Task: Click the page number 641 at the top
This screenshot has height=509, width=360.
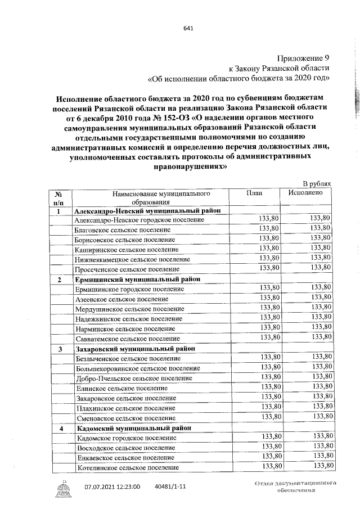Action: pos(188,30)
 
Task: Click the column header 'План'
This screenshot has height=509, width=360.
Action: pos(254,192)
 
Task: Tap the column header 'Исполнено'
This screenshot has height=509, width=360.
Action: pos(305,192)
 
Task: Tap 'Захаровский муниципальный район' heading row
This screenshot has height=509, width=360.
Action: pos(136,349)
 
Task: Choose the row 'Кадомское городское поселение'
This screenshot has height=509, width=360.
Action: pos(124,438)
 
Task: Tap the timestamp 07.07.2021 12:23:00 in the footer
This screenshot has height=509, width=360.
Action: pos(112,487)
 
